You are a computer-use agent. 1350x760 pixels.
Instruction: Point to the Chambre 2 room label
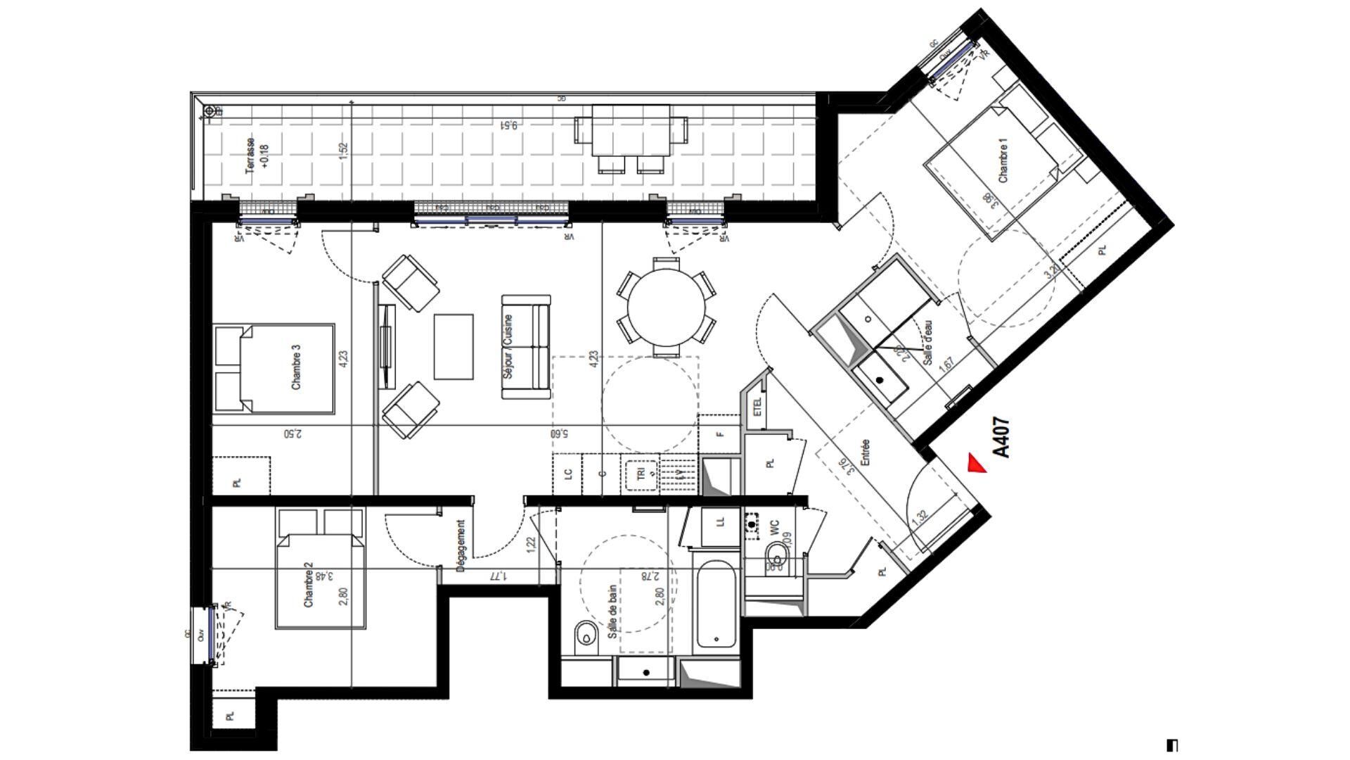pos(307,589)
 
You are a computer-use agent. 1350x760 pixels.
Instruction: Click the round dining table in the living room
pos(667,307)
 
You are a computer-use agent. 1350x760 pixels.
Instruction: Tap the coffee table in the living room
pos(454,346)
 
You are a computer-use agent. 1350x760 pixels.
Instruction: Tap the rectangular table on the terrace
pos(630,130)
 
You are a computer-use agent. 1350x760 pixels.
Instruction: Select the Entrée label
pos(866,452)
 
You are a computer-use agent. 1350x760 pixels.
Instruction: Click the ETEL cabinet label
pos(758,407)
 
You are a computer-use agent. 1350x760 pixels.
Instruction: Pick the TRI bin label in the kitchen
pos(641,474)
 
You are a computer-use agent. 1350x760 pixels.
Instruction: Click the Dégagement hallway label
pos(461,545)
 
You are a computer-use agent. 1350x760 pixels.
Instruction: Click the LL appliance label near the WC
pos(719,522)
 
